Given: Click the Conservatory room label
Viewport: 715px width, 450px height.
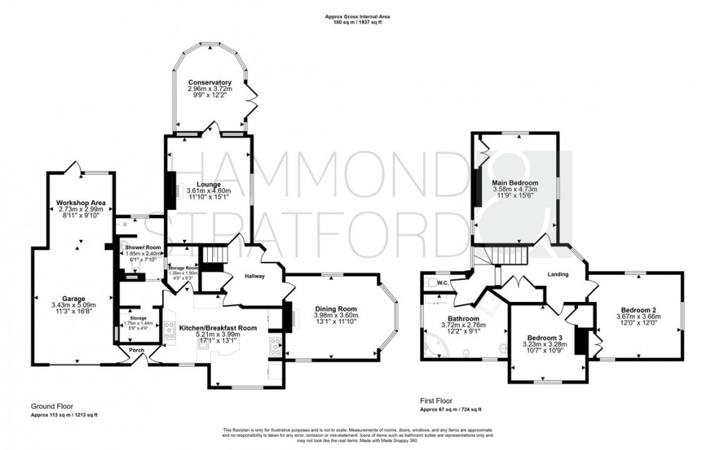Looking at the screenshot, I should point(209,83).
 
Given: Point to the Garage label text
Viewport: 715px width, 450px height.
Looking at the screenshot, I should point(74,298).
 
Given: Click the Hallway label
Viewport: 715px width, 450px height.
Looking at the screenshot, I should point(245,276).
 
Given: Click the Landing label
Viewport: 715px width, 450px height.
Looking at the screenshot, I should point(560,274).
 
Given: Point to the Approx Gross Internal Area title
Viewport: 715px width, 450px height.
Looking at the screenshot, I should point(353,17).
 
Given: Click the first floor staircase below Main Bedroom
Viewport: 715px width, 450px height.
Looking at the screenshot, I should point(508,255).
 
